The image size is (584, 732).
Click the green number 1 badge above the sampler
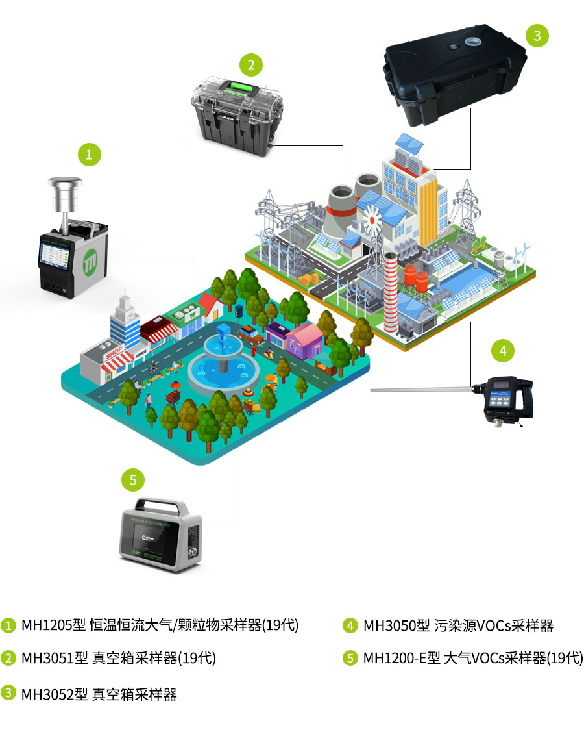tap(89, 154)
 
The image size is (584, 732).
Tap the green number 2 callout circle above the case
tap(250, 64)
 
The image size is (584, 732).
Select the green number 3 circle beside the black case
tap(537, 35)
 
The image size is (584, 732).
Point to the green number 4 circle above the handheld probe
tap(502, 351)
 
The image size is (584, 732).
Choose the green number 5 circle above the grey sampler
tap(133, 480)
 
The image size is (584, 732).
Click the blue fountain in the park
tap(223, 364)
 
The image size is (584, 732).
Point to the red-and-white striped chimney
tap(389, 292)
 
